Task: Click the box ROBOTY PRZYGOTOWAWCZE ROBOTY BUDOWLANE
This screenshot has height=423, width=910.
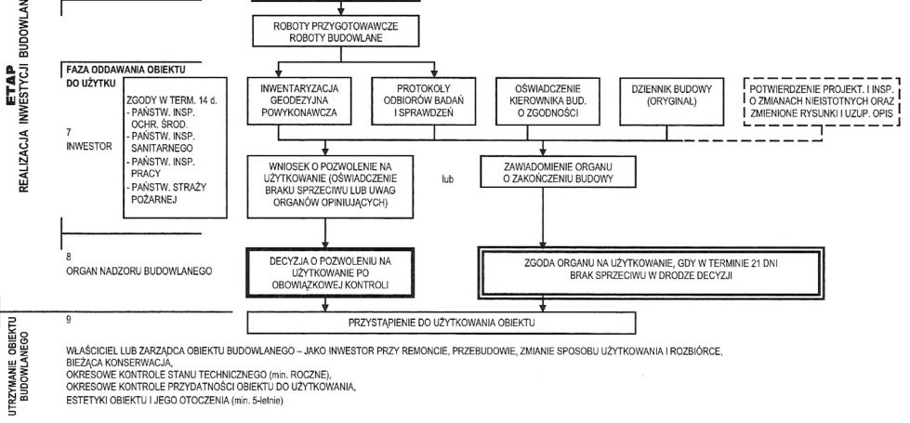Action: (x=341, y=31)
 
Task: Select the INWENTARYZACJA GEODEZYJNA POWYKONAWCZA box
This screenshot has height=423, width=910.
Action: (x=299, y=101)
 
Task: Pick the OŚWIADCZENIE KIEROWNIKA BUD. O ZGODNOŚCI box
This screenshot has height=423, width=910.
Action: (x=547, y=101)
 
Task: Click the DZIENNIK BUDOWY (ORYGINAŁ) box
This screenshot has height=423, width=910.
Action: (x=671, y=101)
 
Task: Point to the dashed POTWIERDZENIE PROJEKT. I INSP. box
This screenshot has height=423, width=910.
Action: (x=821, y=101)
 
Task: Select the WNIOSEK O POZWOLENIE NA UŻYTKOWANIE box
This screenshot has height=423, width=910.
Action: (x=330, y=186)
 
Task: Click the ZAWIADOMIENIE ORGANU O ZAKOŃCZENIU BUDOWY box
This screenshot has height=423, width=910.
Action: (x=559, y=171)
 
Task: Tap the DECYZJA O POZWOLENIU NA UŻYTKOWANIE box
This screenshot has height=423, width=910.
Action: (x=330, y=272)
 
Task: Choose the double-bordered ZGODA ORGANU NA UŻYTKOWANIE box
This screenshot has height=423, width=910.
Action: (x=651, y=272)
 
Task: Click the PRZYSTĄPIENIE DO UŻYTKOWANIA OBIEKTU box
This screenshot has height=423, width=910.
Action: (x=442, y=323)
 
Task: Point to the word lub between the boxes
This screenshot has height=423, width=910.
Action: (x=447, y=179)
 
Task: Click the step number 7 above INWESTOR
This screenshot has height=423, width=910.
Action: (x=69, y=132)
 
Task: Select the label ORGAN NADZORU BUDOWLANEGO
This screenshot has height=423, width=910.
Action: (x=139, y=271)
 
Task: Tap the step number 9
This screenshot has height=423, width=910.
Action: (x=69, y=318)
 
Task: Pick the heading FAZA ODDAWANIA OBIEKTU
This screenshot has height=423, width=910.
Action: (x=125, y=70)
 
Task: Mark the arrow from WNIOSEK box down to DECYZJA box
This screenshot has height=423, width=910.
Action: (x=325, y=233)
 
